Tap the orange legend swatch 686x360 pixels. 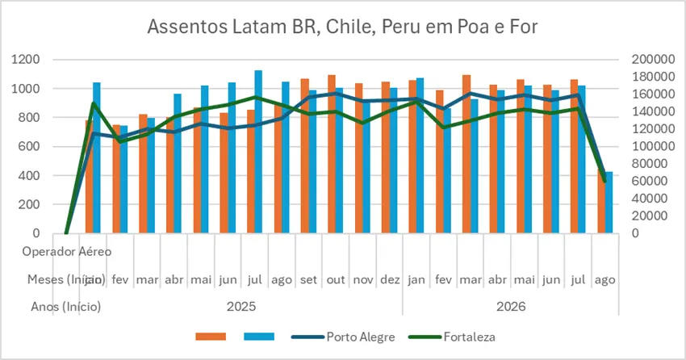[212, 337]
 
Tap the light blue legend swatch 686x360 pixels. [258, 337]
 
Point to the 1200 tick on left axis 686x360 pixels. [28, 60]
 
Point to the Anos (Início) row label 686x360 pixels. [65, 307]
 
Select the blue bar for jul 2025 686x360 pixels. [259, 153]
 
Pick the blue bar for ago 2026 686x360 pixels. [609, 202]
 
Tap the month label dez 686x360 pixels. [389, 279]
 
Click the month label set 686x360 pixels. [308, 279]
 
